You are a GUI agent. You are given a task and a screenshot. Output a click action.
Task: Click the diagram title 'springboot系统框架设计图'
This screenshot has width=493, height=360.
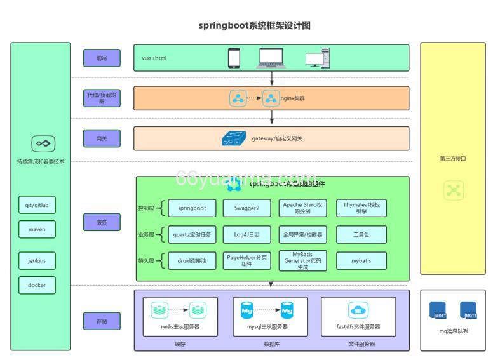(x=254, y=26)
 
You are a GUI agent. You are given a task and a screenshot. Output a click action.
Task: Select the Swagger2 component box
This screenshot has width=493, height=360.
(x=246, y=208)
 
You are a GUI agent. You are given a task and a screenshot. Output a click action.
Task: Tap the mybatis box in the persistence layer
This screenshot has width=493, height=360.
(x=361, y=260)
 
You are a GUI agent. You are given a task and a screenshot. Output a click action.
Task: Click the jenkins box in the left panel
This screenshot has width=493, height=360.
(x=37, y=260)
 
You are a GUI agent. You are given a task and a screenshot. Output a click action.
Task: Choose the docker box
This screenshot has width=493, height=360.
(x=37, y=285)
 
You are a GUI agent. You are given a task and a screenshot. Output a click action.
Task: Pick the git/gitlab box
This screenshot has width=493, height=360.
(x=37, y=205)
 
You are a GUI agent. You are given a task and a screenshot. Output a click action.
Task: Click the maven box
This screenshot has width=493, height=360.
(x=37, y=229)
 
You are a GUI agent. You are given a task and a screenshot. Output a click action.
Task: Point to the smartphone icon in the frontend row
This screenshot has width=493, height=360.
(x=234, y=58)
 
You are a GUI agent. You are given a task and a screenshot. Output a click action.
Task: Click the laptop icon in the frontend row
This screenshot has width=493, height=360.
(x=271, y=58)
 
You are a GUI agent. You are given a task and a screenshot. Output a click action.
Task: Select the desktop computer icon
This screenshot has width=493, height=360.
(x=318, y=58)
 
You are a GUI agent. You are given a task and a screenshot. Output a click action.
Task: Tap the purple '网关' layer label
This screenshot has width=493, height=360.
(x=102, y=138)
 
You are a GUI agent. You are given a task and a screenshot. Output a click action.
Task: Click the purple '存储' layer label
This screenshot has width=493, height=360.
(x=102, y=321)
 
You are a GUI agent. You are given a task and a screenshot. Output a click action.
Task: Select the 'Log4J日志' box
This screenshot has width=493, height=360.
(x=246, y=234)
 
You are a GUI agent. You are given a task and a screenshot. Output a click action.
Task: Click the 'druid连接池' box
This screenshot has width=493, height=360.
(x=192, y=260)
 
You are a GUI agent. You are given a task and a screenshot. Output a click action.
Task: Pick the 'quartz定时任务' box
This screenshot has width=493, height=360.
(x=192, y=234)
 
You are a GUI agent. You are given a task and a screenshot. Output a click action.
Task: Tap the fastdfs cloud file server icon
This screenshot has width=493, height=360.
(x=358, y=310)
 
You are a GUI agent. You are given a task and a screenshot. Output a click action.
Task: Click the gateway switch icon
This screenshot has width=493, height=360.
(x=234, y=138)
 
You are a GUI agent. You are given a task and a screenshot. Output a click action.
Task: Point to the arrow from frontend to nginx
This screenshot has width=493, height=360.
(x=272, y=79)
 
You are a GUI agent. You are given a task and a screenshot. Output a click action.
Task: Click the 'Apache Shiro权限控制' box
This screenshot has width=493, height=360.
(x=302, y=208)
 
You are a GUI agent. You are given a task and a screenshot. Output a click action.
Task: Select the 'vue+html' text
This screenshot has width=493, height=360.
(x=154, y=58)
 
